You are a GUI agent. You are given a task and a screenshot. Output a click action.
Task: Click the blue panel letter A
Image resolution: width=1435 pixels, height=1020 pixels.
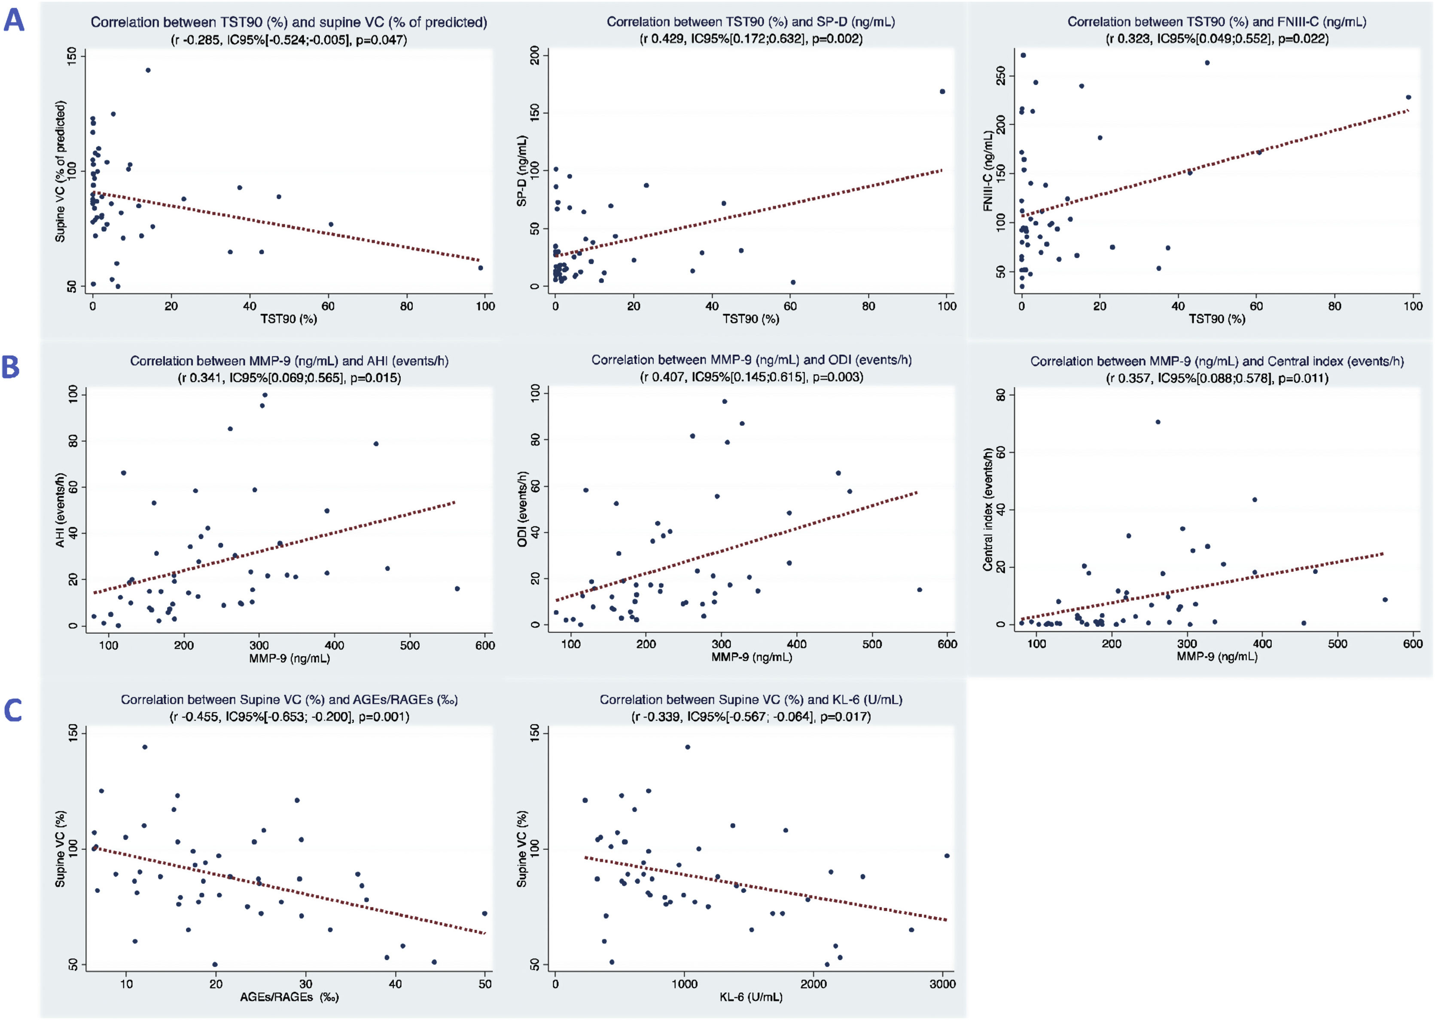pos(14,20)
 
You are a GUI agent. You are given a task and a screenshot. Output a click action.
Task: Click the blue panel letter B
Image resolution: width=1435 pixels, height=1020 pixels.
pos(11,367)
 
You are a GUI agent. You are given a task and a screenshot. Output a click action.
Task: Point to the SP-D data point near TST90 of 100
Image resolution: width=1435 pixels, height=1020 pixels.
pos(942,92)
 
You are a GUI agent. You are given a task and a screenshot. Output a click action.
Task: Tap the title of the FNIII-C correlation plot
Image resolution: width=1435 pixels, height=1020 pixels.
pos(1216,22)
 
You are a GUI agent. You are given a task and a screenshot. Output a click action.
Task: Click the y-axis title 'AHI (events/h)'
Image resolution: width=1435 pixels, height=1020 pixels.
pos(60,510)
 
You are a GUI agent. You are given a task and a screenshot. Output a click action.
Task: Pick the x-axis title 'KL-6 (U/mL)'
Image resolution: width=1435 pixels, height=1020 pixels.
pos(751,997)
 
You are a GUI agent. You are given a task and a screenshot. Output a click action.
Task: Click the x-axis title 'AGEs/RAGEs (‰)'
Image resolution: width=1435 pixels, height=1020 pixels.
pos(289,997)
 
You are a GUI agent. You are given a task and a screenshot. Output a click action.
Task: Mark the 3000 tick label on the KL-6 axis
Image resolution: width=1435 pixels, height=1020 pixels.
pos(942,984)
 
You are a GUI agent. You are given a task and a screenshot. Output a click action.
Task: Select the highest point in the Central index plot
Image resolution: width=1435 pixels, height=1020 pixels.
pos(1158,422)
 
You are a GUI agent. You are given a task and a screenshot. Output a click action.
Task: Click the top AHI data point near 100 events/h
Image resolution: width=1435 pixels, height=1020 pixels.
pos(265,395)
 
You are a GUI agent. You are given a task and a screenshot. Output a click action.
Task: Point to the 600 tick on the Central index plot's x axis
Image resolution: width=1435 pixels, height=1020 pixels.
pos(1413,644)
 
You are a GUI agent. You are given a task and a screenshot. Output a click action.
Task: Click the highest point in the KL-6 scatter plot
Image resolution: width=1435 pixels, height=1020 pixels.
pos(687,747)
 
